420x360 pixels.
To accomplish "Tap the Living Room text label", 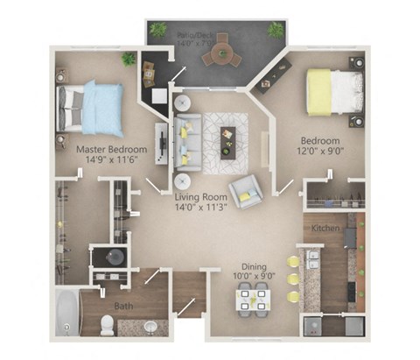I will tap(206, 197).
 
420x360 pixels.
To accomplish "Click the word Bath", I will tap(123, 307).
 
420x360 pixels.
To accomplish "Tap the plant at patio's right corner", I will tap(276, 30).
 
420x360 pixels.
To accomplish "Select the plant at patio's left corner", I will tap(158, 29).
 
